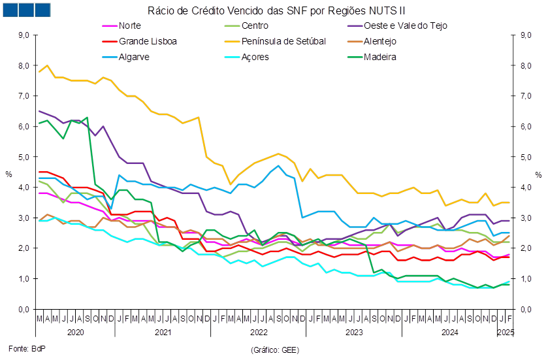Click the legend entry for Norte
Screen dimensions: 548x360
tap(121, 26)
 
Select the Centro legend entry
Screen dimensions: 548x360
tap(246, 26)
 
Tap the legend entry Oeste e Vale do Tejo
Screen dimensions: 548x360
tap(397, 26)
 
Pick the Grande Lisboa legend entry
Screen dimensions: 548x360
tap(139, 42)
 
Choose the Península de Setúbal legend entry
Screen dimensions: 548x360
tap(275, 42)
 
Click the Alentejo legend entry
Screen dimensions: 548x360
tap(372, 42)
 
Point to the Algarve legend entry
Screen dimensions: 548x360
tap(126, 57)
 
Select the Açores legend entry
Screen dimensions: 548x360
tap(247, 57)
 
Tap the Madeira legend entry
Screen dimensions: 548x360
tap(372, 57)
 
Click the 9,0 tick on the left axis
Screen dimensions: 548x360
tap(24, 35)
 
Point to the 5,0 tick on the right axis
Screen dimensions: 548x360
tap(526, 157)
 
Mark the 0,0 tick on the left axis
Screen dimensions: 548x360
tap(24, 310)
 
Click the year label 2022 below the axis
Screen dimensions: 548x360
tap(259, 332)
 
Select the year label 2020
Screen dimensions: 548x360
tap(76, 332)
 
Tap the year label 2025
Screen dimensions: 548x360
tap(506, 332)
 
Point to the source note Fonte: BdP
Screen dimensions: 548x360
tap(27, 348)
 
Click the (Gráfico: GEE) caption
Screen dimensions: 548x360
tap(275, 350)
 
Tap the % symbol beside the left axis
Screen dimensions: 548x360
tap(8, 174)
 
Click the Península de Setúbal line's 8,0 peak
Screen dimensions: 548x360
tap(47, 65)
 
